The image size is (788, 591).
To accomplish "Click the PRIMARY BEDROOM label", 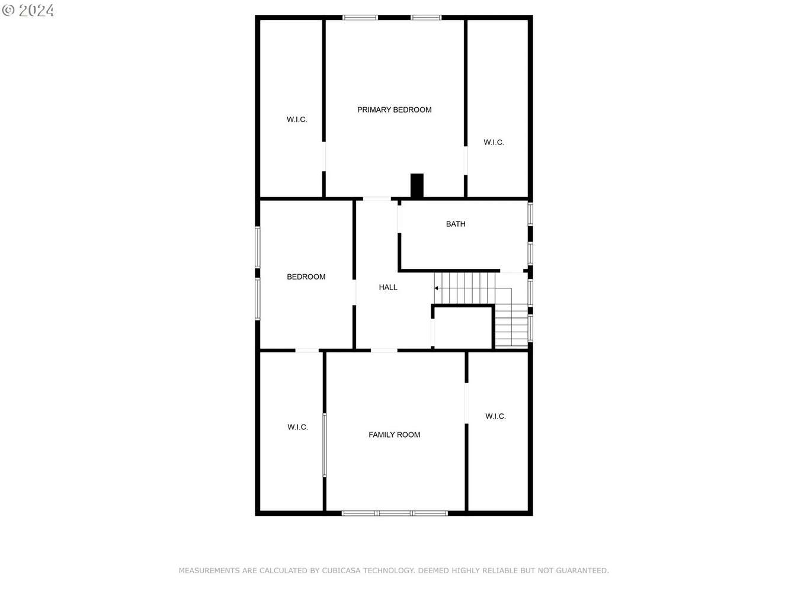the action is (x=394, y=110).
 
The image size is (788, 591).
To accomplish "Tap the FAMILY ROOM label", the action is (x=394, y=435).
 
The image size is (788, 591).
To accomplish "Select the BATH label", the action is (x=456, y=224).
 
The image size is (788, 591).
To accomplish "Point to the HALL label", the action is (x=388, y=287).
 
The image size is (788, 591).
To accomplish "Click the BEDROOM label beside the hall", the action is (x=306, y=277).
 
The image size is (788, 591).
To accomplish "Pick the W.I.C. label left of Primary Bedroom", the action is (x=297, y=120).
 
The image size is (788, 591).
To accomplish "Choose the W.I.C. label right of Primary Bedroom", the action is (x=494, y=143).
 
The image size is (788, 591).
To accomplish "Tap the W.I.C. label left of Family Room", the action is (x=297, y=427).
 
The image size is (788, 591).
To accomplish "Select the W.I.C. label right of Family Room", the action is (x=495, y=416).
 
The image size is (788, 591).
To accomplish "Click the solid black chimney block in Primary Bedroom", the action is (x=417, y=185).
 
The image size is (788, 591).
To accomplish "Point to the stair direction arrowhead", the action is (x=436, y=288).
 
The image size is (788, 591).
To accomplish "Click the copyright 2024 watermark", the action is (x=28, y=11).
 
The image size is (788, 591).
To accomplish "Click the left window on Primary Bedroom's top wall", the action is (x=360, y=18).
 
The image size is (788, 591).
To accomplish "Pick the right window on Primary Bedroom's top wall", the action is (x=426, y=18).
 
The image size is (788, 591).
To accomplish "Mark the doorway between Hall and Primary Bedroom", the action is (x=377, y=198).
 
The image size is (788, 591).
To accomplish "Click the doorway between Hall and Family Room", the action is (x=384, y=350).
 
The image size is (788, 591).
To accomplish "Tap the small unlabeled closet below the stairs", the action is (x=463, y=327).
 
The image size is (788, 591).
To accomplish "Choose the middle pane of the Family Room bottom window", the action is (x=395, y=513).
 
